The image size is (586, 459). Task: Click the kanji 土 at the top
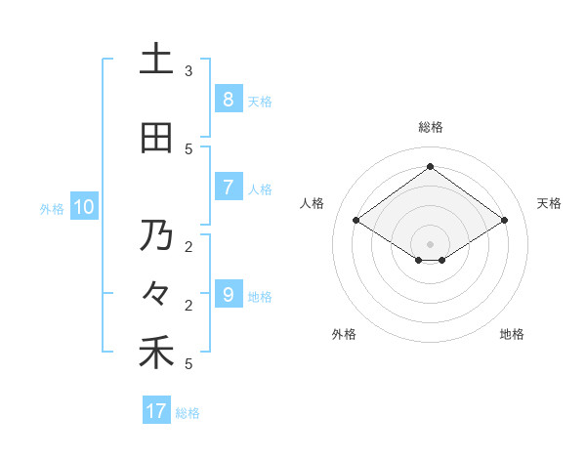point(156,60)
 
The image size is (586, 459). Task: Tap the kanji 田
point(156,139)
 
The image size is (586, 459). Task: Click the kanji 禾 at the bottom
point(156,353)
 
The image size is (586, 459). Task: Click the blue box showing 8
point(228,100)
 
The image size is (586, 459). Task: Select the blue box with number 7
point(228,188)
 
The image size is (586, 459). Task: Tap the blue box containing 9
point(228,295)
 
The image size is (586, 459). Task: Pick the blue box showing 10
point(83,207)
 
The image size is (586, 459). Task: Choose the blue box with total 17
point(156,411)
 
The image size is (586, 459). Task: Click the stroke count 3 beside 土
point(188,71)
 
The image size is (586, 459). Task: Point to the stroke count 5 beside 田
point(188,149)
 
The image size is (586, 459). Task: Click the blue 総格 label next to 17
point(188,413)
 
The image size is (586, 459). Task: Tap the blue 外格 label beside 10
point(52,208)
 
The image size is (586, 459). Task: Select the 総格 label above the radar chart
point(430,127)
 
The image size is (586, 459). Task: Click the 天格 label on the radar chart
point(549,203)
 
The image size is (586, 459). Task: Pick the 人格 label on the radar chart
point(313,203)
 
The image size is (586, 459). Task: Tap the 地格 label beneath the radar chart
point(512,334)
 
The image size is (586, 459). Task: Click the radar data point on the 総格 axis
point(430,166)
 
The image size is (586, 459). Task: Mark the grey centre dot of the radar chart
point(430,243)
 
